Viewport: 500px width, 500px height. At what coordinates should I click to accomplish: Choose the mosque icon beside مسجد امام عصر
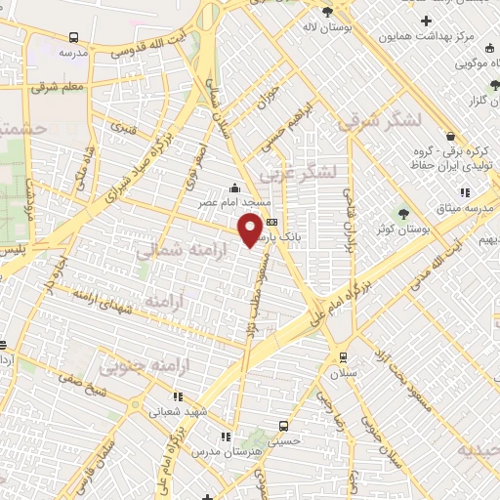click(x=232, y=188)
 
